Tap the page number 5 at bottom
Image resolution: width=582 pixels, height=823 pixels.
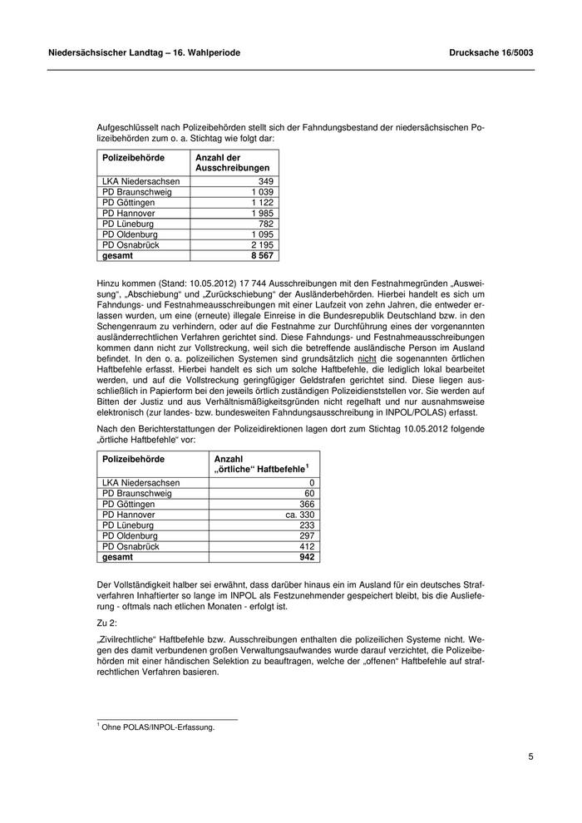tap(530, 756)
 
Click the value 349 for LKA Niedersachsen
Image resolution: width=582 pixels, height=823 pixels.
tap(266, 181)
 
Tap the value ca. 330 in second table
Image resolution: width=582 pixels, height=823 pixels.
tap(300, 515)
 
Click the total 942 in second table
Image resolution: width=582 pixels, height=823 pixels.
tap(307, 558)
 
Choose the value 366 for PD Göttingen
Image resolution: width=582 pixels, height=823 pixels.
tap(307, 505)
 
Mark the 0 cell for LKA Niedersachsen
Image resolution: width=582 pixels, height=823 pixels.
tap(312, 483)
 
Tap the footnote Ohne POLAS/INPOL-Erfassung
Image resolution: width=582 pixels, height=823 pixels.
tap(158, 727)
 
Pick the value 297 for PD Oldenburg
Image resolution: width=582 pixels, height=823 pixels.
tap(307, 536)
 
